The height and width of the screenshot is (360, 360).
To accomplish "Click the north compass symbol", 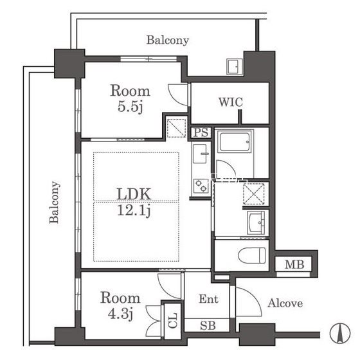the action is [x=340, y=333].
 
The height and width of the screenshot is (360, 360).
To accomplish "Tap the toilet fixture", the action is [x=252, y=255].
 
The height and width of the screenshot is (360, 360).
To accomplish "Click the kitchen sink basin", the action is [x=200, y=154].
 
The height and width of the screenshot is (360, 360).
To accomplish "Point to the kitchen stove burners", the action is [x=201, y=186].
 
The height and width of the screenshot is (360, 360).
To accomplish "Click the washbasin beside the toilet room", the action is [x=256, y=222].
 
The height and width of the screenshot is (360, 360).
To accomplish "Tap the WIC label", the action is [x=231, y=102].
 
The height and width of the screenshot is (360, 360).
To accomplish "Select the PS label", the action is [x=201, y=132].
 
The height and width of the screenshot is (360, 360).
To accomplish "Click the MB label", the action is [x=294, y=264].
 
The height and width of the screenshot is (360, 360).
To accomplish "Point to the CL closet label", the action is [x=173, y=320].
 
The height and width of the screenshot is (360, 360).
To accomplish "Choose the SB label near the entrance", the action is [x=208, y=325].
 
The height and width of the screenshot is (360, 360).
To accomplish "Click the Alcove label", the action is [x=285, y=303].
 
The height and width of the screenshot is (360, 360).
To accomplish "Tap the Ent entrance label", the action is [x=208, y=299].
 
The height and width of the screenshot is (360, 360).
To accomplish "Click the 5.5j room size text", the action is [x=130, y=107].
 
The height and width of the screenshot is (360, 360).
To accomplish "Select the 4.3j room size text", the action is [x=121, y=314].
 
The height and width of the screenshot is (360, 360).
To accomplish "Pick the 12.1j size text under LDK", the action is [x=134, y=210].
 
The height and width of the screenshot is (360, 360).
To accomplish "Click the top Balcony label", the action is [x=168, y=40].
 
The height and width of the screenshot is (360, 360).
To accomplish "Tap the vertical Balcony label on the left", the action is [x=54, y=203].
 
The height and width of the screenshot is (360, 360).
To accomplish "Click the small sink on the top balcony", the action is [x=235, y=67].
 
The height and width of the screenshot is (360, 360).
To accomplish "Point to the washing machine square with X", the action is [x=254, y=194].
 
